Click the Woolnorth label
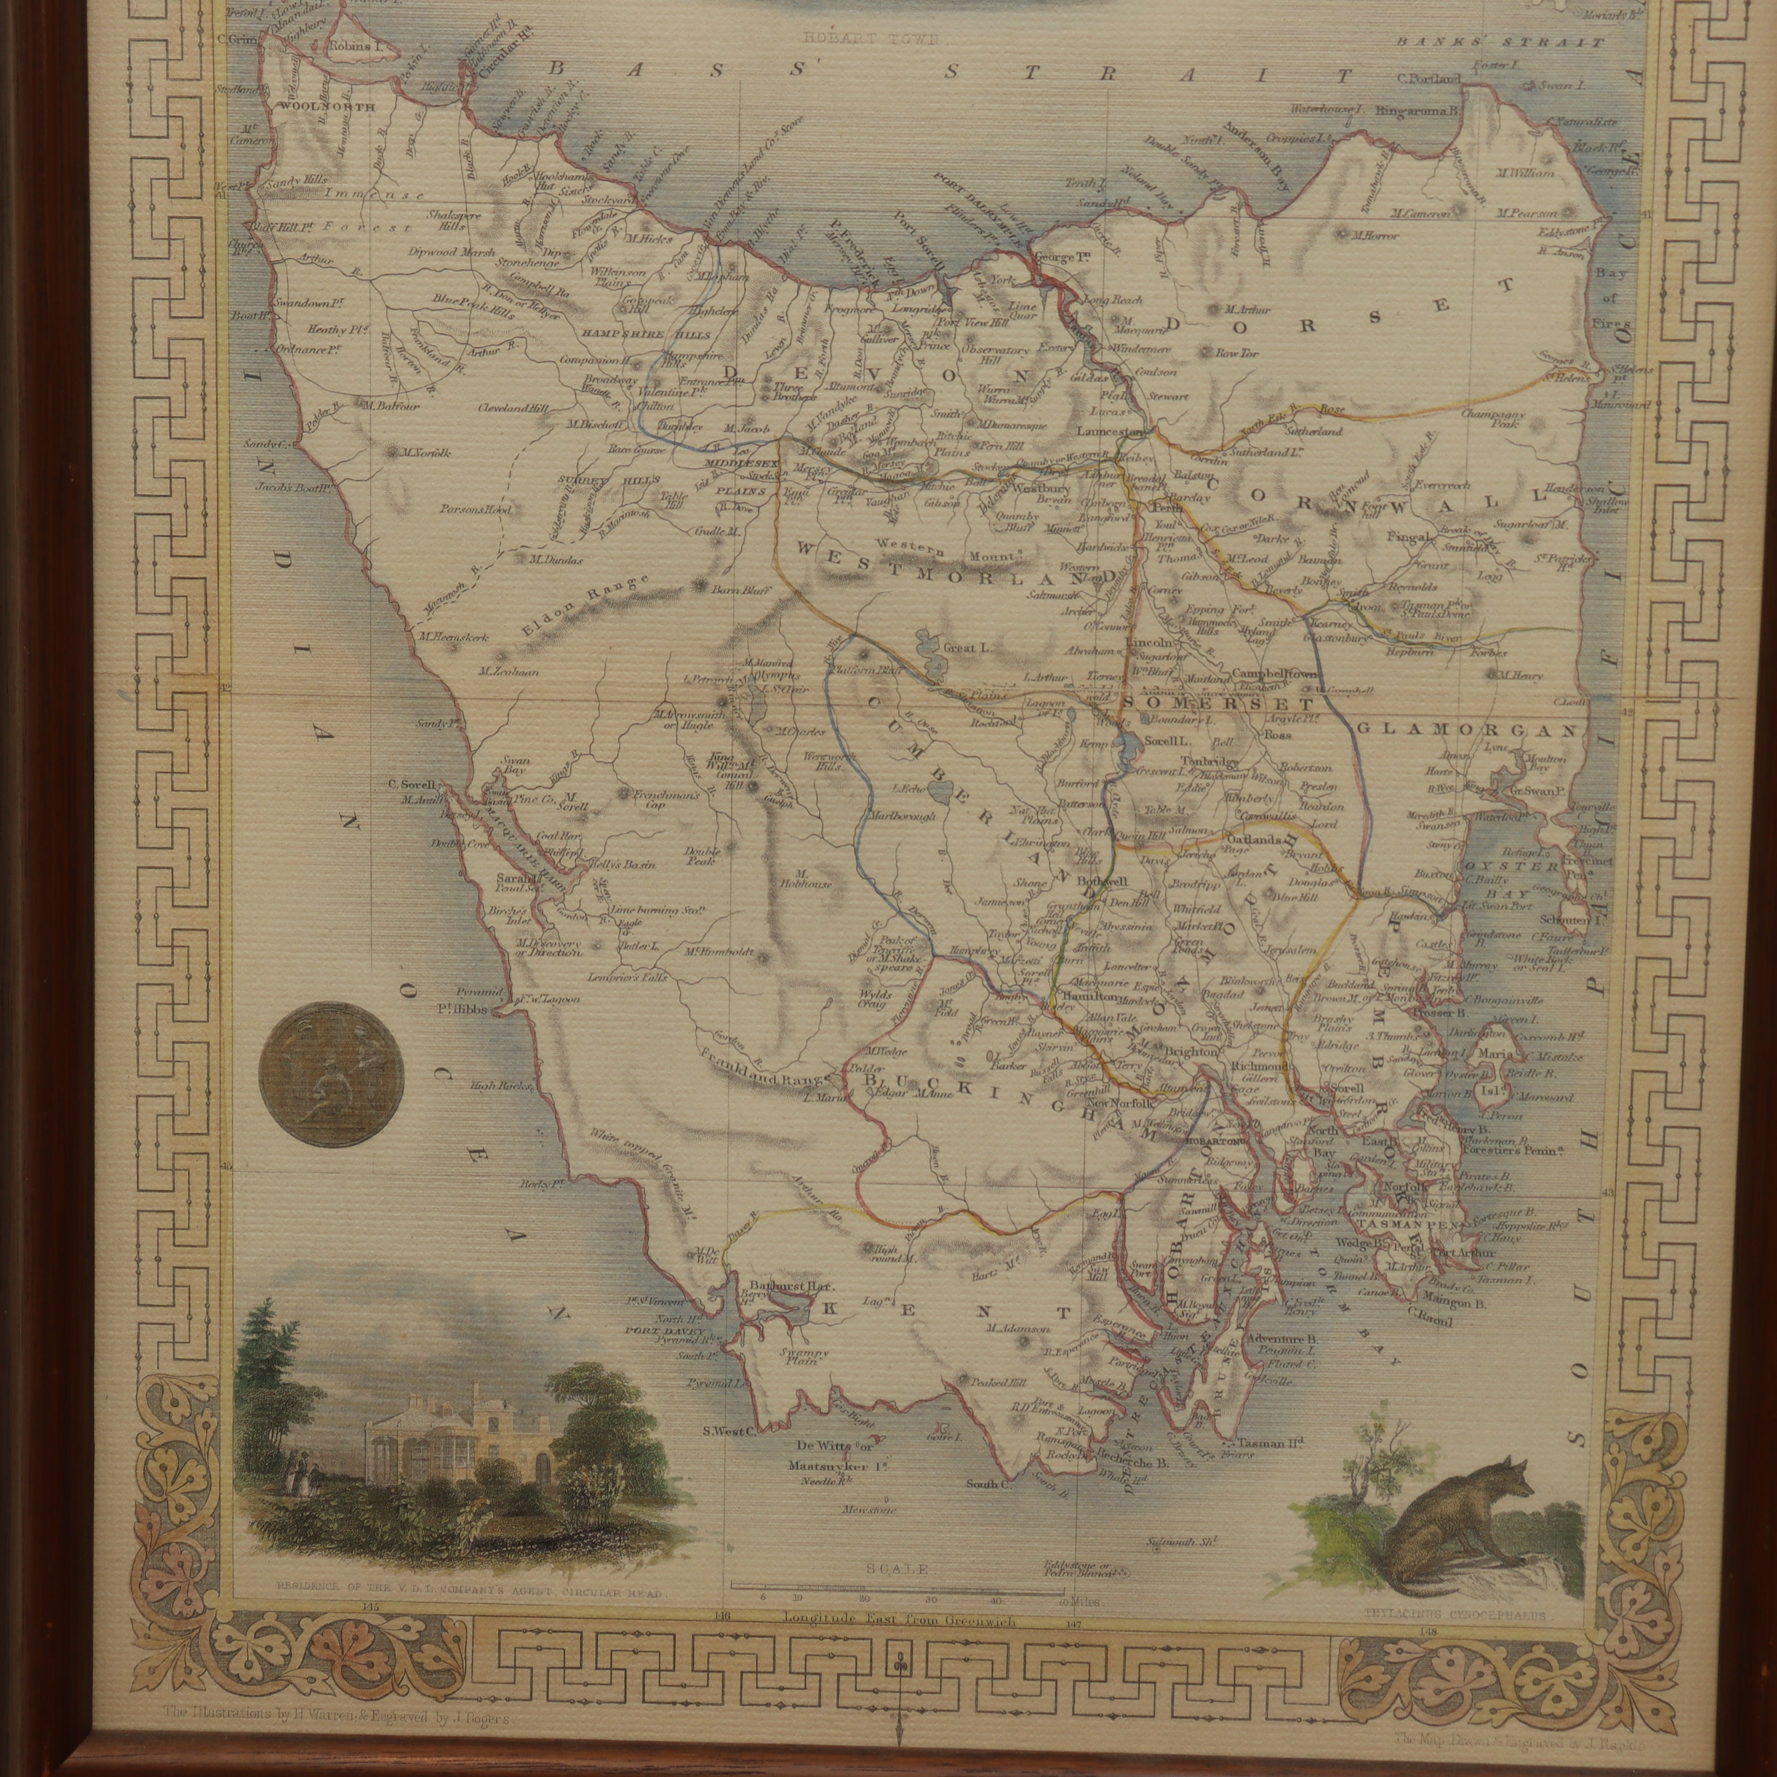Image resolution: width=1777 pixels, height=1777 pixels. pos(315,107)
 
